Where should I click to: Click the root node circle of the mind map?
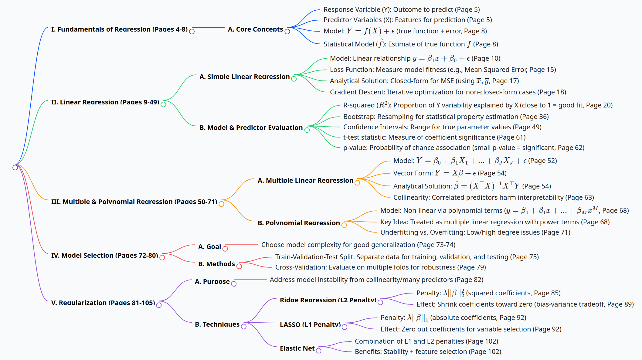[15, 168]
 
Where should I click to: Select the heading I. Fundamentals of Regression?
[119, 29]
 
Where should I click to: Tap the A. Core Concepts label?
[255, 29]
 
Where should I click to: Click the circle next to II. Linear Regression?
[163, 104]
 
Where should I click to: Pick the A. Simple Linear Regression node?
[244, 76]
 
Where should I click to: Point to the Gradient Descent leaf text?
[448, 92]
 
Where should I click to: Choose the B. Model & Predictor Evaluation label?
[251, 127]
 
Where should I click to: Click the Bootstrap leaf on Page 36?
[446, 117]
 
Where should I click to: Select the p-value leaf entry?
[464, 148]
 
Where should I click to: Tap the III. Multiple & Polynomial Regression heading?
[134, 202]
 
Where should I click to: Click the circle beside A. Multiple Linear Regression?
[357, 183]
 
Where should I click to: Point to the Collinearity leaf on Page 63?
[494, 197]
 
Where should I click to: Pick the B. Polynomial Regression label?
[299, 223]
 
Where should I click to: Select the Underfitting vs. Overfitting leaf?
[475, 232]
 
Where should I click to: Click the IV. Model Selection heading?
[104, 255]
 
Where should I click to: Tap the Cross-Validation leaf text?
[380, 267]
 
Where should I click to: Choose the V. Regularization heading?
[103, 303]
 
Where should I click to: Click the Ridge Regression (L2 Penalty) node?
[328, 300]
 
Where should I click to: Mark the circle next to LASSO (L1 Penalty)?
[345, 327]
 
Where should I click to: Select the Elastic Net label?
[297, 348]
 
